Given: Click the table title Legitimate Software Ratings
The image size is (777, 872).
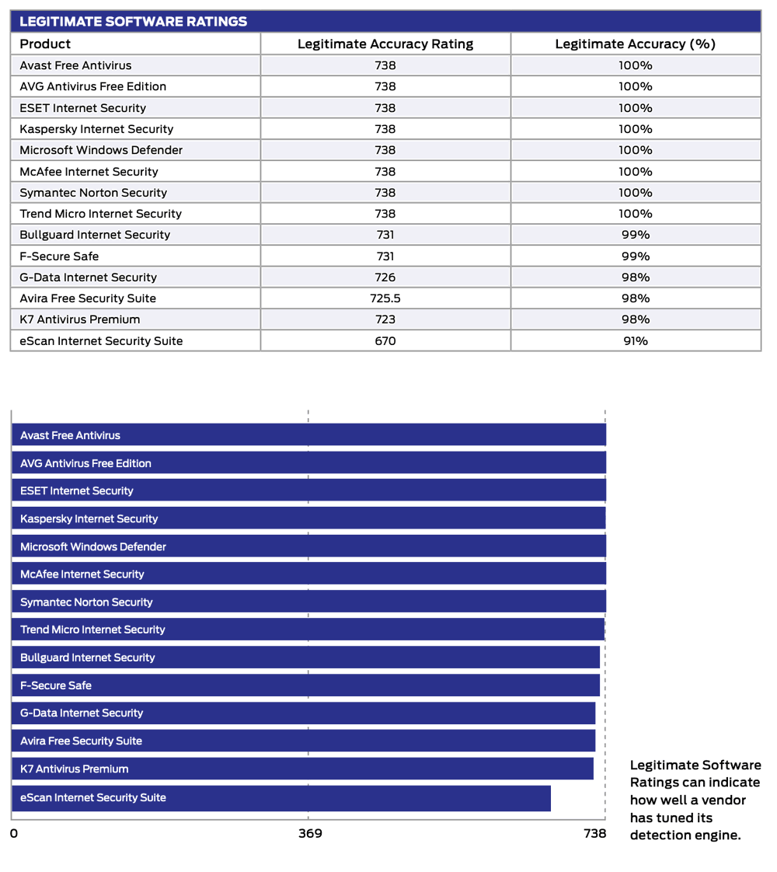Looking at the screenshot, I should (133, 22).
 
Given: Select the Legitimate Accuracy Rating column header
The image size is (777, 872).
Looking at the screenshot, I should (385, 44).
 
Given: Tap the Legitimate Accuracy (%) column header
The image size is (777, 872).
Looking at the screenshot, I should (635, 44).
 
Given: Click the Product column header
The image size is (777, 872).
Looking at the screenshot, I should (45, 44).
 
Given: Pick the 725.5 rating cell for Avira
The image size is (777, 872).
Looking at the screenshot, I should (385, 298).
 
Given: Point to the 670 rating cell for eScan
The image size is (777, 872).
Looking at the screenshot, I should (385, 340).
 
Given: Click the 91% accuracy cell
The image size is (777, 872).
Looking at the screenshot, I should (635, 340).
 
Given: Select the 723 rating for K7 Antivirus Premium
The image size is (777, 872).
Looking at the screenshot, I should (385, 319).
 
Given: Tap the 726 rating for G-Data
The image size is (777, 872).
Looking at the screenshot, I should (385, 277).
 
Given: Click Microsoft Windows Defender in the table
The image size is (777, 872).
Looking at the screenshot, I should (101, 150).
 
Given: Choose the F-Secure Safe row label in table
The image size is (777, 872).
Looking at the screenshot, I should (59, 256).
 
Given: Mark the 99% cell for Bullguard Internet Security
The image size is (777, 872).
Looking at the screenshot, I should (635, 235).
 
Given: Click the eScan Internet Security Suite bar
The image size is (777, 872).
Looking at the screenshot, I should (280, 798).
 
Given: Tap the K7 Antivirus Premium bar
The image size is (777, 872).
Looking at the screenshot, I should (303, 769).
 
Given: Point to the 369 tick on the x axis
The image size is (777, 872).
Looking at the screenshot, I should (310, 834).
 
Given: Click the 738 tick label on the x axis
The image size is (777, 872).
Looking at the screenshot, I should (594, 834).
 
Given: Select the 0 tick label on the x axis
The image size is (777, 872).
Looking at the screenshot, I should (13, 834).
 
